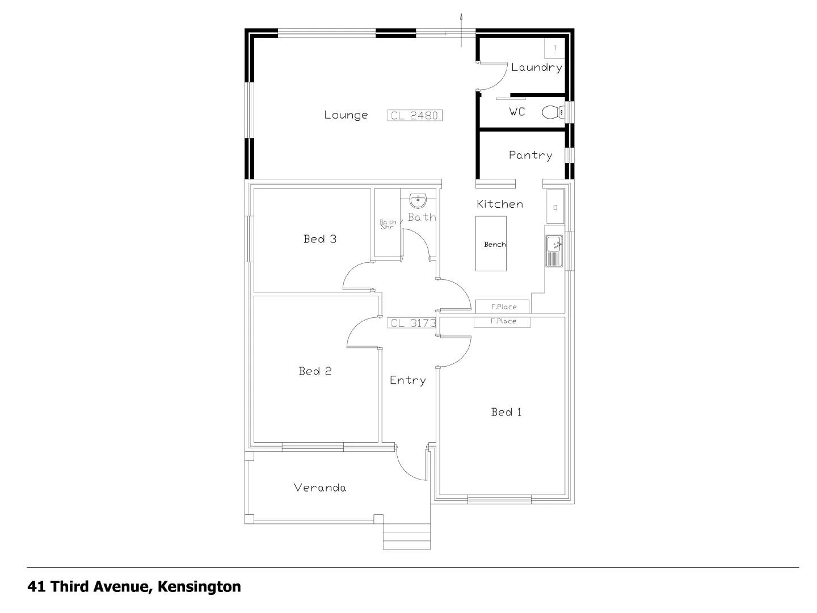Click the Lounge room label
coord(346,115)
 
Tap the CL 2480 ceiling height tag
coord(415,115)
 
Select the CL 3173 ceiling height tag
coord(412,323)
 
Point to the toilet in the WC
coord(552,112)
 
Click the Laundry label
coord(536,68)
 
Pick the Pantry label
coord(530,155)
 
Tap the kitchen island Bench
coord(491,244)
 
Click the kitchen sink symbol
coord(554,250)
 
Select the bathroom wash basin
coord(418,200)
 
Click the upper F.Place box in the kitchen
coord(503,306)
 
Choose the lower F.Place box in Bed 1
coord(503,321)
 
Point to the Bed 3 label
coord(319,239)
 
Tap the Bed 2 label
coord(315,371)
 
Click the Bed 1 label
coord(506,412)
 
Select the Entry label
coord(407,380)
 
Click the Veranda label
coord(320,488)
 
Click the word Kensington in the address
coord(199,586)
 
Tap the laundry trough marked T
coord(555,48)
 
